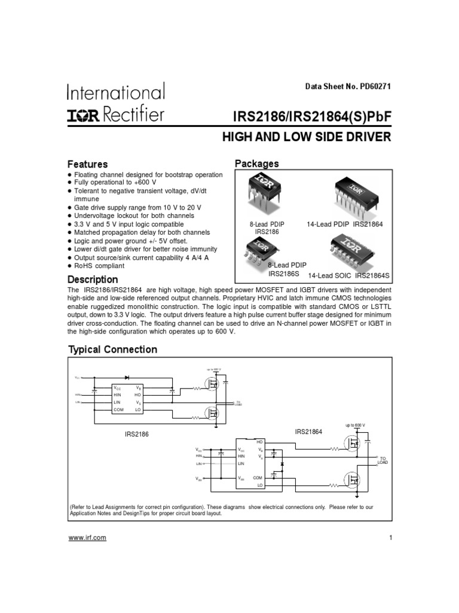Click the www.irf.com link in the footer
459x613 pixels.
[x=87, y=538]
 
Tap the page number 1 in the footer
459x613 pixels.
[x=390, y=538]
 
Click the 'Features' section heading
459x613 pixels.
[x=87, y=164]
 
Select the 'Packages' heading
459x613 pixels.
[x=256, y=163]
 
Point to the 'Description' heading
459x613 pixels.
[x=93, y=280]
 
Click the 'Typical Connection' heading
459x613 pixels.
[x=113, y=350]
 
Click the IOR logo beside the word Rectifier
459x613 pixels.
[x=84, y=114]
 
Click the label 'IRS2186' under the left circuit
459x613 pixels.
[x=132, y=435]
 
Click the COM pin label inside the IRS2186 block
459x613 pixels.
[x=118, y=409]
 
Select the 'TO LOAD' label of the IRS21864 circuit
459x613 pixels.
[x=382, y=460]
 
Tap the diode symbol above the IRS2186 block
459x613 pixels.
[x=127, y=378]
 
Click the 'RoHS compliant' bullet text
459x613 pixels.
[x=99, y=266]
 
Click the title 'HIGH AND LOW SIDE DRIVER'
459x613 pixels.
[x=306, y=137]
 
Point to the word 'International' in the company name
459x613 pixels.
[x=115, y=93]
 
